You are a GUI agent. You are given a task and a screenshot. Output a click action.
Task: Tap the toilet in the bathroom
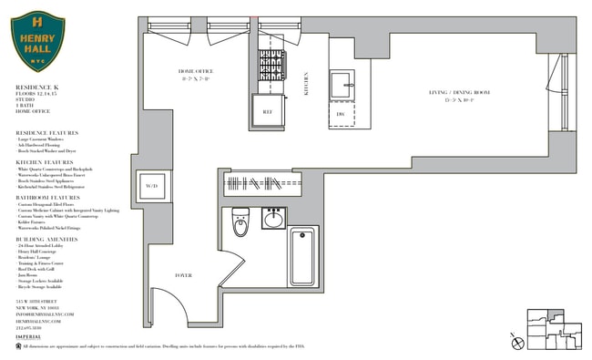(x=240, y=221)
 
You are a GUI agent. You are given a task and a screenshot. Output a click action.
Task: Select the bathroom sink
(x=273, y=219)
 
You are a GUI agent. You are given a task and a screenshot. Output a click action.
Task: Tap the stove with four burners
(x=271, y=67)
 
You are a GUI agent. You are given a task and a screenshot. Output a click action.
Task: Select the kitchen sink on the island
(x=343, y=84)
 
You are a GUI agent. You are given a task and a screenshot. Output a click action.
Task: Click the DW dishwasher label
(x=341, y=114)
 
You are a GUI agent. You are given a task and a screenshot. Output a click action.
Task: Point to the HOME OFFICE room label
(x=194, y=71)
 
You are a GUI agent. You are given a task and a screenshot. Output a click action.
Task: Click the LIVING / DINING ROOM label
(x=460, y=93)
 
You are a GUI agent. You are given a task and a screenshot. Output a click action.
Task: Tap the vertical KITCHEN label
(x=307, y=84)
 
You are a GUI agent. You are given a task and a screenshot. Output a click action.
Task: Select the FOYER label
(x=184, y=274)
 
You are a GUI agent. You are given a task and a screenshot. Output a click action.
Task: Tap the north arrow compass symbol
(x=517, y=343)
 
